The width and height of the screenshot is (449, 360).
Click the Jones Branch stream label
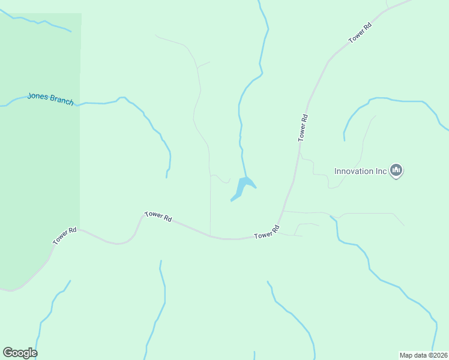[x=50, y=98]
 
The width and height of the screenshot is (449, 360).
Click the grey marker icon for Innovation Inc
[x=396, y=171]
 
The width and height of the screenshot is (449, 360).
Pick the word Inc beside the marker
[x=381, y=171]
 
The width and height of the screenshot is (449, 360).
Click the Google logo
[x=20, y=353]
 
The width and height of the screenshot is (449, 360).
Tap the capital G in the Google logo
[x=8, y=352]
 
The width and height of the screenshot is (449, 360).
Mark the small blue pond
[x=242, y=187]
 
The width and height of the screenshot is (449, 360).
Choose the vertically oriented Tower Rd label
[x=303, y=127]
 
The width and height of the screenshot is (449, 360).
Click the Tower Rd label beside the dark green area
[x=65, y=235]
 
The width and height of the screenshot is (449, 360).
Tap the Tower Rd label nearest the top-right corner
[x=360, y=32]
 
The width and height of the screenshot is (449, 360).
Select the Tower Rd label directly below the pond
[x=267, y=232]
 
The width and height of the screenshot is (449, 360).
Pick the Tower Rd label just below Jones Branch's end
[x=158, y=217]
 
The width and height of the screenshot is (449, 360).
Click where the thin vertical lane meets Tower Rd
[x=210, y=235]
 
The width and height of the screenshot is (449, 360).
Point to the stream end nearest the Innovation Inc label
[x=345, y=140]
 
